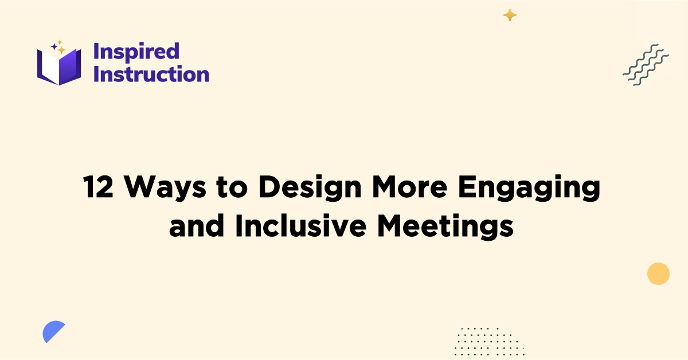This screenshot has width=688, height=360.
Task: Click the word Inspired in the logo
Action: pyautogui.click(x=136, y=52)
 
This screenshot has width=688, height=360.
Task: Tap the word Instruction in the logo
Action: pyautogui.click(x=151, y=74)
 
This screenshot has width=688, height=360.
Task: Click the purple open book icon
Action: pyautogui.click(x=59, y=66)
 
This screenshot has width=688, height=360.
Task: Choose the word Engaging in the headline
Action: pyautogui.click(x=536, y=188)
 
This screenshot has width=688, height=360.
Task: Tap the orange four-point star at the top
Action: pyautogui.click(x=510, y=15)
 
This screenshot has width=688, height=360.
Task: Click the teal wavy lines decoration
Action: pyautogui.click(x=646, y=64)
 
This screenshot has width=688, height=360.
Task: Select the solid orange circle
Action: pyautogui.click(x=658, y=273)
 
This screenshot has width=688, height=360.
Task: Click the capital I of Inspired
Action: pyautogui.click(x=96, y=52)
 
